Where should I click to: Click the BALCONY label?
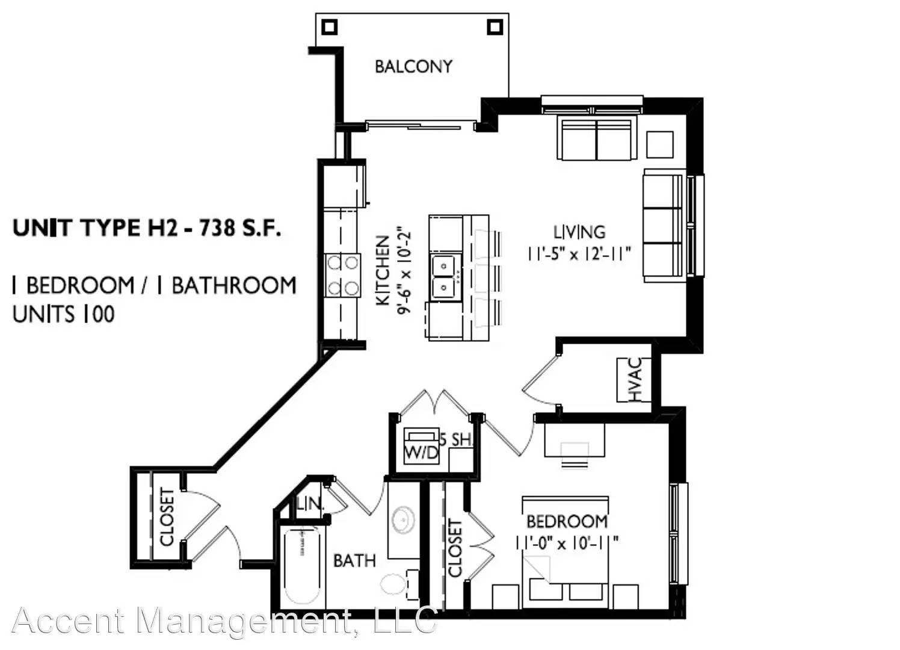[413, 66]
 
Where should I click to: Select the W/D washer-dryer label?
[421, 453]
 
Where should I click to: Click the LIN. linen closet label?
[310, 503]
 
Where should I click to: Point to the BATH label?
[354, 560]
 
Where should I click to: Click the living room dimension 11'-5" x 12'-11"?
[579, 254]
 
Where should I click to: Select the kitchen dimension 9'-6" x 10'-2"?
[404, 271]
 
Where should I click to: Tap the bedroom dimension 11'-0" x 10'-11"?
[567, 543]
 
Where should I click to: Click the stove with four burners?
[342, 276]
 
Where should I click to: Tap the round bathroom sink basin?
[402, 520]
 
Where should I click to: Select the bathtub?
[302, 566]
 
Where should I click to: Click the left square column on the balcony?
[330, 27]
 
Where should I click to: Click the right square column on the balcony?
[495, 27]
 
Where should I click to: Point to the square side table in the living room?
[660, 144]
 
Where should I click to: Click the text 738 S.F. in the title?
[240, 228]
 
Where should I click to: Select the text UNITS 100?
[64, 314]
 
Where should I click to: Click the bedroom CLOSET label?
[455, 548]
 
